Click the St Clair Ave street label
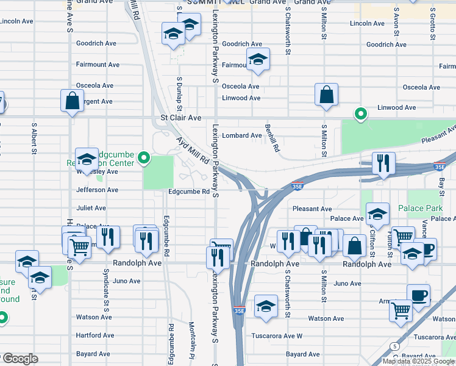point(180,117)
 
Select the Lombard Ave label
point(241,135)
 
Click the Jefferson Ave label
point(97,190)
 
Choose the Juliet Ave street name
point(91,208)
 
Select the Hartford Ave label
point(94,335)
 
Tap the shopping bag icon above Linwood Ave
point(327,95)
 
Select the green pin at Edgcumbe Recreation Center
point(144,159)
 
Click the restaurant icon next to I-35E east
point(383,163)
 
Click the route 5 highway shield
point(396,346)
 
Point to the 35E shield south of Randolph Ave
point(240,310)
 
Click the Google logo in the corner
point(20,359)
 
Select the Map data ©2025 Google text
point(418,361)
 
